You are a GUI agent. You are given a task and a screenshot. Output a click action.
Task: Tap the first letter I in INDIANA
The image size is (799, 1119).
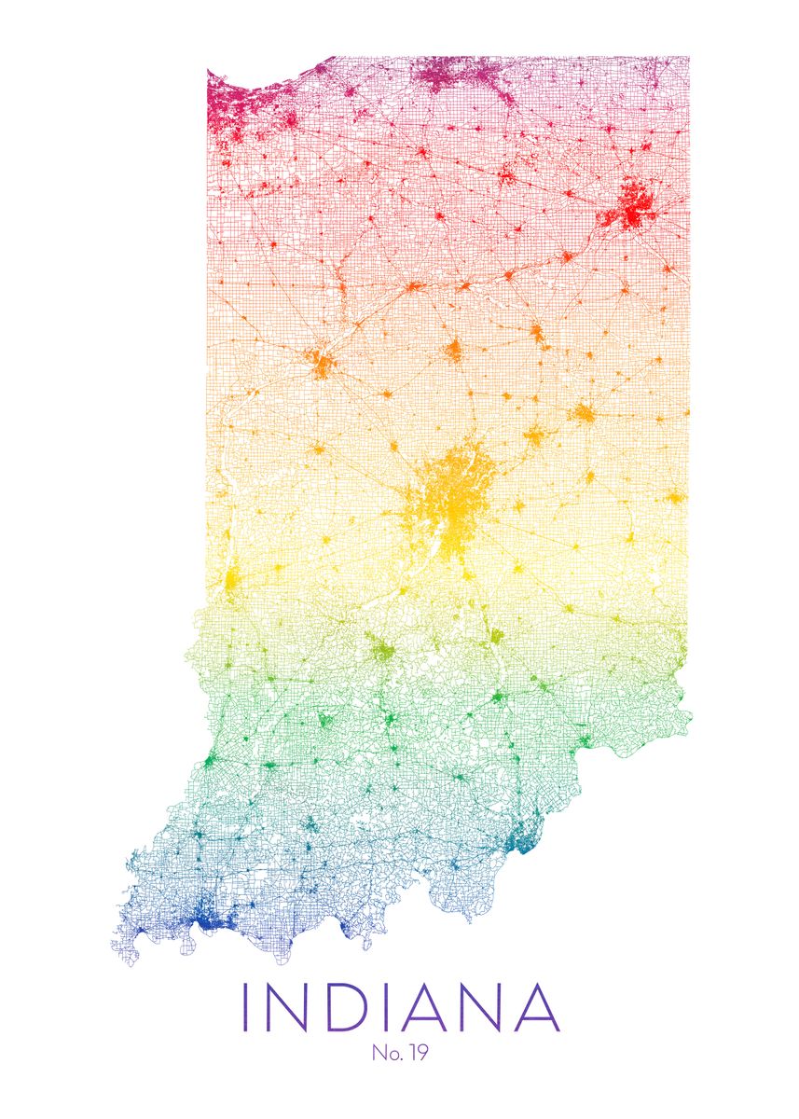246,1006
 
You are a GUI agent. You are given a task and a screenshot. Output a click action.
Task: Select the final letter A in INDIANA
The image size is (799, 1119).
534,1006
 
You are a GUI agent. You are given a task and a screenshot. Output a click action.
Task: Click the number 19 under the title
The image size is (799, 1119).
416,1054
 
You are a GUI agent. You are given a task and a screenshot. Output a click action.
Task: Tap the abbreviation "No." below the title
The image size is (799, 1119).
386,1054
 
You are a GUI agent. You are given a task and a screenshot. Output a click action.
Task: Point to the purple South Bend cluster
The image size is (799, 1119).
457,75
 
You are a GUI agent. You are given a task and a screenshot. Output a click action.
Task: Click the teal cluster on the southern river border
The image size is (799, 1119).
521,840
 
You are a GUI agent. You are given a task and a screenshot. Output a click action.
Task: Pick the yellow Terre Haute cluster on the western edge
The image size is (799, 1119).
231,580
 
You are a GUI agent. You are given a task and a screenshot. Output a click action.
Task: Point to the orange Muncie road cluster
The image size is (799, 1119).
583,413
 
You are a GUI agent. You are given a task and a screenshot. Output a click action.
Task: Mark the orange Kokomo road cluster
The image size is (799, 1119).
454,351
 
